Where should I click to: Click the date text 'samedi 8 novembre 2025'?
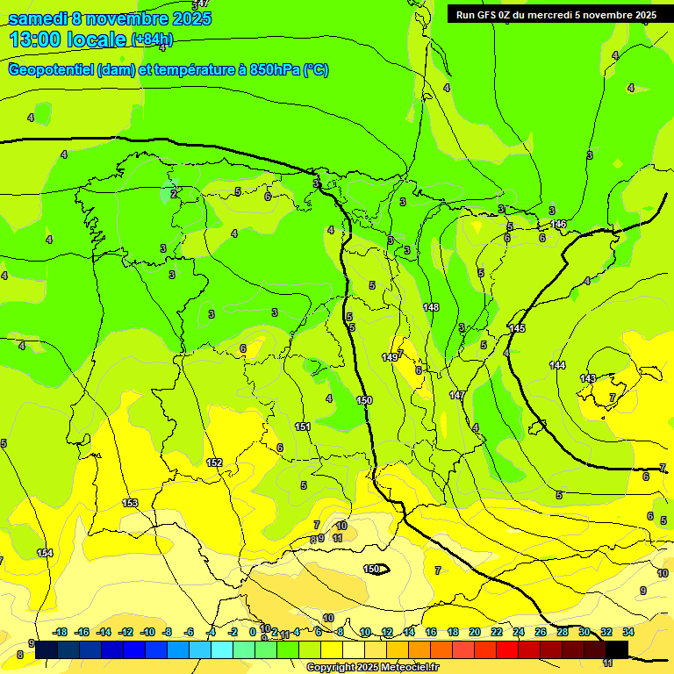(x=110, y=18)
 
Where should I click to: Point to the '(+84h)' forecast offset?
(x=152, y=39)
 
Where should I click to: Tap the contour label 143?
(x=588, y=378)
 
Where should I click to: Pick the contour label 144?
(x=557, y=364)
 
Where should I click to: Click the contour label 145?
(x=517, y=328)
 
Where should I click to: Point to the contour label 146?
(x=558, y=225)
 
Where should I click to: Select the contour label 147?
(x=457, y=396)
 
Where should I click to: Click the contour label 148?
(x=431, y=307)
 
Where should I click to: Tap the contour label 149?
(x=390, y=357)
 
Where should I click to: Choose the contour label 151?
(x=303, y=427)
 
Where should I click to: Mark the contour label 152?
(x=214, y=462)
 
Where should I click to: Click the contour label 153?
(x=130, y=503)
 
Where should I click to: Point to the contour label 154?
(x=45, y=553)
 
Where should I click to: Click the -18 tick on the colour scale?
(x=61, y=632)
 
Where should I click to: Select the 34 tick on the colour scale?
(x=628, y=632)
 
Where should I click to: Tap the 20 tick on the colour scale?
(x=475, y=632)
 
